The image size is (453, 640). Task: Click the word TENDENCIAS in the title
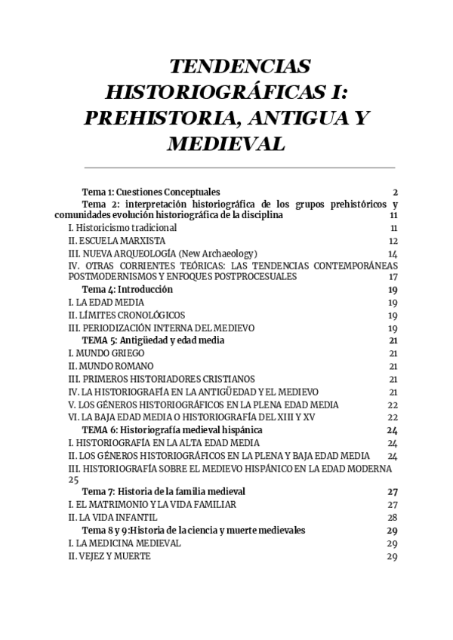(240, 66)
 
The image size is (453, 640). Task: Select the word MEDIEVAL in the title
(226, 143)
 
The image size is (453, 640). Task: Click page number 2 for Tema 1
(395, 192)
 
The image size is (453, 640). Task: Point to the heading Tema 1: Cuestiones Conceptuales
(150, 192)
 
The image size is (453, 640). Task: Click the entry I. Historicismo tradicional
(122, 227)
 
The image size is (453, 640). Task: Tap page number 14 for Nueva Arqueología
(393, 254)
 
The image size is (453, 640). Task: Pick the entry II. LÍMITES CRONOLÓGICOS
(126, 315)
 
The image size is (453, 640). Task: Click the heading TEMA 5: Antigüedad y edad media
(153, 340)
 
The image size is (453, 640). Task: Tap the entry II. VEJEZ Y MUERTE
(109, 556)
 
